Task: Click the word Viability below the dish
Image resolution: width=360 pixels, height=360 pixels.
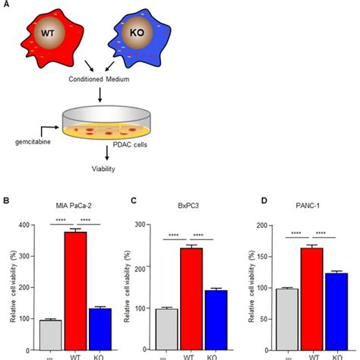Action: (x=99, y=169)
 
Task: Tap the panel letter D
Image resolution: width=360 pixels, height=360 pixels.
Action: (x=245, y=202)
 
